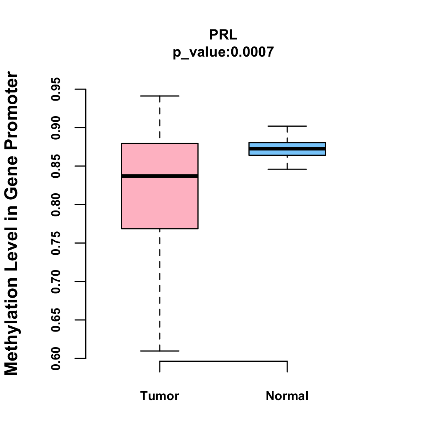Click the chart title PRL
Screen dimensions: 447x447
(223, 35)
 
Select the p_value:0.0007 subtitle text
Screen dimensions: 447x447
(223, 52)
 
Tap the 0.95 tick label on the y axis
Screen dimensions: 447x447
(56, 89)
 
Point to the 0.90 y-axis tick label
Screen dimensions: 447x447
(56, 128)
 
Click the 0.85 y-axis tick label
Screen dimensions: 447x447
(56, 166)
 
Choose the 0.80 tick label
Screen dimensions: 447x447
(56, 205)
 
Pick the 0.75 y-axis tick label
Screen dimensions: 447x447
(56, 243)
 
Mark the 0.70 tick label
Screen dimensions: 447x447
(56, 282)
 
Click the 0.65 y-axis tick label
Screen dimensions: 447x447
(56, 320)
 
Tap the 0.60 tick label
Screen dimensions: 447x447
(56, 358)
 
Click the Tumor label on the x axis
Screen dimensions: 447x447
(160, 396)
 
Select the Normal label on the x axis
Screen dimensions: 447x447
(287, 396)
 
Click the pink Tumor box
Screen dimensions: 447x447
(160, 201)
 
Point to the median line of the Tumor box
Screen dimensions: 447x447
(160, 176)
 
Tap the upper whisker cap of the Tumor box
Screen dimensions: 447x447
(160, 96)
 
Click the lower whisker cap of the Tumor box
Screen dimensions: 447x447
(160, 351)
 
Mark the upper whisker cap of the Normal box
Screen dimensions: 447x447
(287, 126)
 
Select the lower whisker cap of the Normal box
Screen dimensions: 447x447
(287, 169)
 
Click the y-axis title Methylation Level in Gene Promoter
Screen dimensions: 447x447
(12, 223)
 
